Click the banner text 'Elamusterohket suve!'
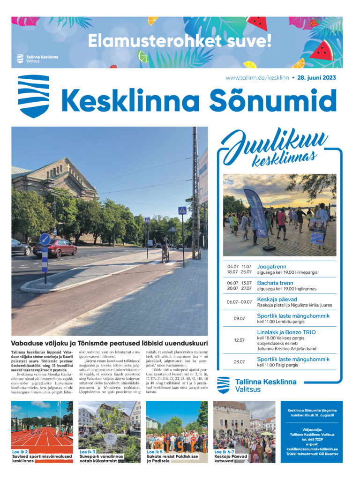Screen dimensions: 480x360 click(180, 41)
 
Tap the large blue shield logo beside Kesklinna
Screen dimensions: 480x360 click(33, 96)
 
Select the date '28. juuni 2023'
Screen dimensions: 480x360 click(316, 78)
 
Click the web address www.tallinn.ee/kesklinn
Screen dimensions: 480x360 click(257, 78)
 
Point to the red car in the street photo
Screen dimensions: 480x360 click(55, 248)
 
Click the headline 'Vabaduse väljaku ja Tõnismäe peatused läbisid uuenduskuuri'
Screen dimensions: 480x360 click(109, 343)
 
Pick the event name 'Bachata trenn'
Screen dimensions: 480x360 click(275, 283)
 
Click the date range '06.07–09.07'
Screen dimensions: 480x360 click(239, 302)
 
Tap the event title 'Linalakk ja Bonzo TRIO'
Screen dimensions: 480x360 click(286, 332)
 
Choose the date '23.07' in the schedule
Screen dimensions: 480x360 click(239, 362)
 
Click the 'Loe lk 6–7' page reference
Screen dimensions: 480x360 click(225, 452)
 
